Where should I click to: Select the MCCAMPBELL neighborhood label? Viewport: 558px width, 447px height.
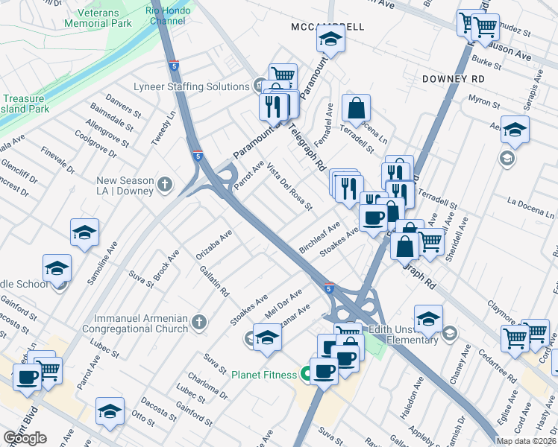coord(327,27)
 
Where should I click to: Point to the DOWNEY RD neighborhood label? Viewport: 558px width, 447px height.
coord(453,78)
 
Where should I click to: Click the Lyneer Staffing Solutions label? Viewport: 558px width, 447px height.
coord(192,86)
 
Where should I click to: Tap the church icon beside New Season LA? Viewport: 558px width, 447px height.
coord(164,183)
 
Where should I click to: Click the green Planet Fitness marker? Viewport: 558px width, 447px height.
coord(304,374)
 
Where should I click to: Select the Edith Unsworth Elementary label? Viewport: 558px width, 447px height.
coord(412,334)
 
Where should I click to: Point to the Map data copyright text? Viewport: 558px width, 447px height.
coord(527,441)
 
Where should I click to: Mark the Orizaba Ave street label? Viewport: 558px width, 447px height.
coord(215,245)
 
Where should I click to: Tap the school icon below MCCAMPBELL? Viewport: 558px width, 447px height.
coord(330,40)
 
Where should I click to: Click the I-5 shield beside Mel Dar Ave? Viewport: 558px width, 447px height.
coord(329,288)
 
